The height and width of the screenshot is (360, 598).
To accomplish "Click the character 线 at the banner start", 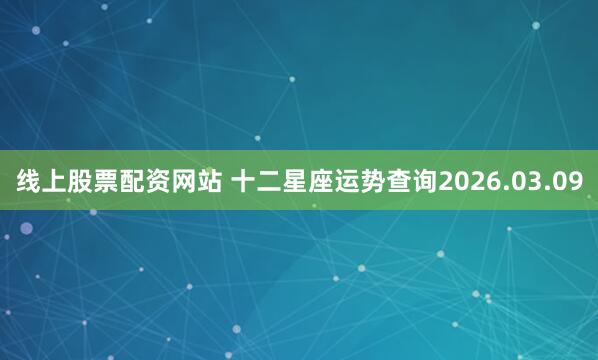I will (28, 182).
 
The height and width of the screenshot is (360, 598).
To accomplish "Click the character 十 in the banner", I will (243, 182).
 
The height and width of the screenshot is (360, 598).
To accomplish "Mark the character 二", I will (269, 182).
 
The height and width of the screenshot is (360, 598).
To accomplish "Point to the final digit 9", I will (575, 182).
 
